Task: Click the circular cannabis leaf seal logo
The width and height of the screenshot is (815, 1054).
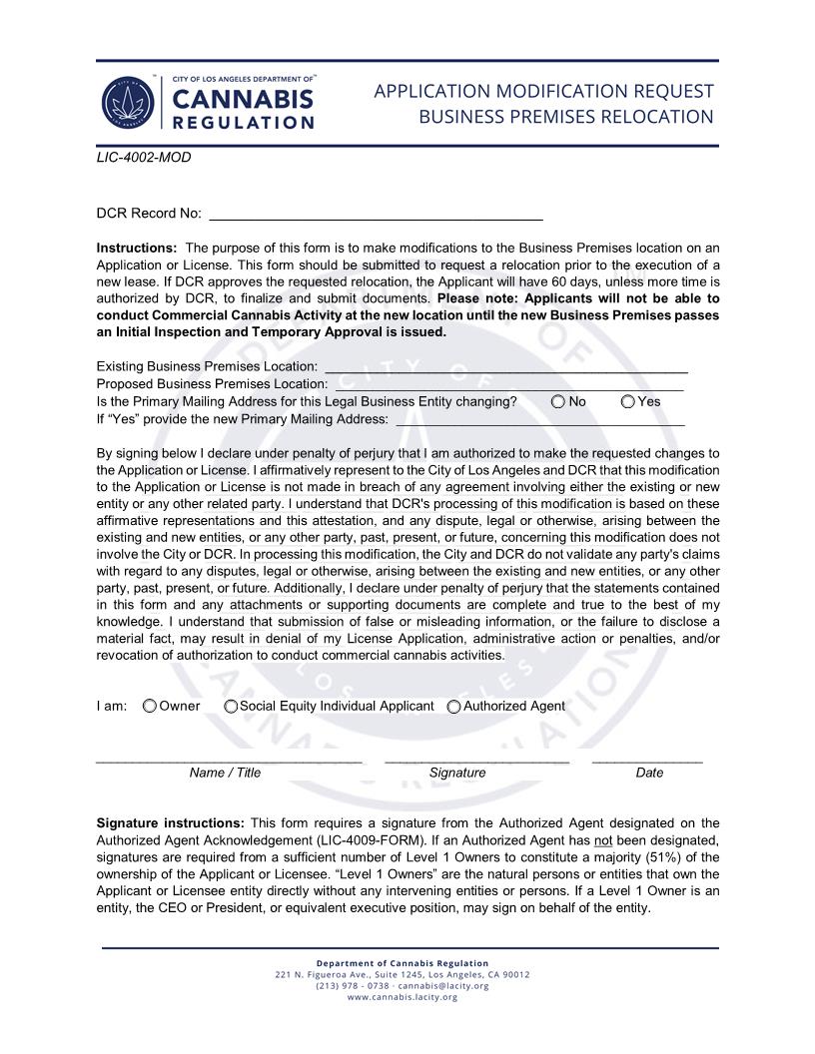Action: point(128,103)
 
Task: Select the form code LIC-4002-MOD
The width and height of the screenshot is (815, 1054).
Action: point(144,158)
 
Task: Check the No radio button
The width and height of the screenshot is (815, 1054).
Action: point(557,401)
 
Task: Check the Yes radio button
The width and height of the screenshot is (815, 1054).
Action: point(627,401)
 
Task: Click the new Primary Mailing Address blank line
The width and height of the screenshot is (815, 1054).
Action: point(539,418)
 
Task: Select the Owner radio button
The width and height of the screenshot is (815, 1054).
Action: point(150,706)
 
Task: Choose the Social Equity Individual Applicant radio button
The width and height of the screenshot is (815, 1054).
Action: point(231,706)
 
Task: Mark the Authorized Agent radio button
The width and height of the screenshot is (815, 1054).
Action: point(453,706)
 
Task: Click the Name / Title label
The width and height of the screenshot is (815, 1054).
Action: point(225,773)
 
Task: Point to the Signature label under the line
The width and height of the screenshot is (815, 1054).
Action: point(457,773)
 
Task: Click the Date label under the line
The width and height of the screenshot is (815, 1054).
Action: point(649,773)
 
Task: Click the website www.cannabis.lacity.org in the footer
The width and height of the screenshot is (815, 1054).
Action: point(403,997)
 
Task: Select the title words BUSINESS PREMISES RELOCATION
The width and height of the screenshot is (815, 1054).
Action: point(565,117)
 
